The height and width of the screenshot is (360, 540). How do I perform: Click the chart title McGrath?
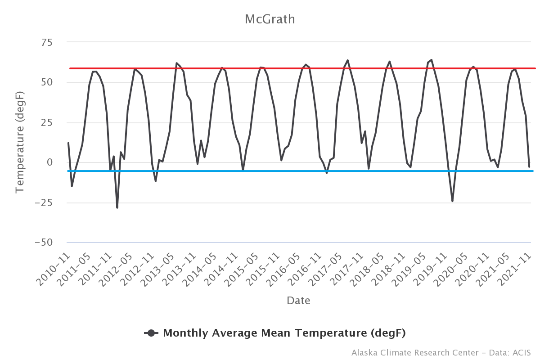pos(270,19)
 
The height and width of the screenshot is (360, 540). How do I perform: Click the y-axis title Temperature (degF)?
pos(19,142)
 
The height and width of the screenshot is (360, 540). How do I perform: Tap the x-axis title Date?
pos(298,300)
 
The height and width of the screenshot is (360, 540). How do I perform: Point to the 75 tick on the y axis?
pos(47,43)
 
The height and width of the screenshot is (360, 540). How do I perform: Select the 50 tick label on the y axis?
pos(47,83)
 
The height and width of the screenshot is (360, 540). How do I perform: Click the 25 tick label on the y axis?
pos(47,123)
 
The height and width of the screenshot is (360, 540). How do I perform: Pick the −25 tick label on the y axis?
pos(44,203)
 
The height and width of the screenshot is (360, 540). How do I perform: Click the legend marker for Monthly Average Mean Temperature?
pos(151,333)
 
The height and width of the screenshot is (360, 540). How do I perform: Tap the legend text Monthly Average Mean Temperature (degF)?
pos(284,333)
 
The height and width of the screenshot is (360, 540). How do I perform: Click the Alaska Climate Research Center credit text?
pos(441,352)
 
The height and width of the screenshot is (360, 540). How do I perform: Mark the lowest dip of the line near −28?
pos(117,207)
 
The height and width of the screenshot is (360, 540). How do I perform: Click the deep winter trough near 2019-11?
pos(452,201)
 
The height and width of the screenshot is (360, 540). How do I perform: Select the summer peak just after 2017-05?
pos(347,60)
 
